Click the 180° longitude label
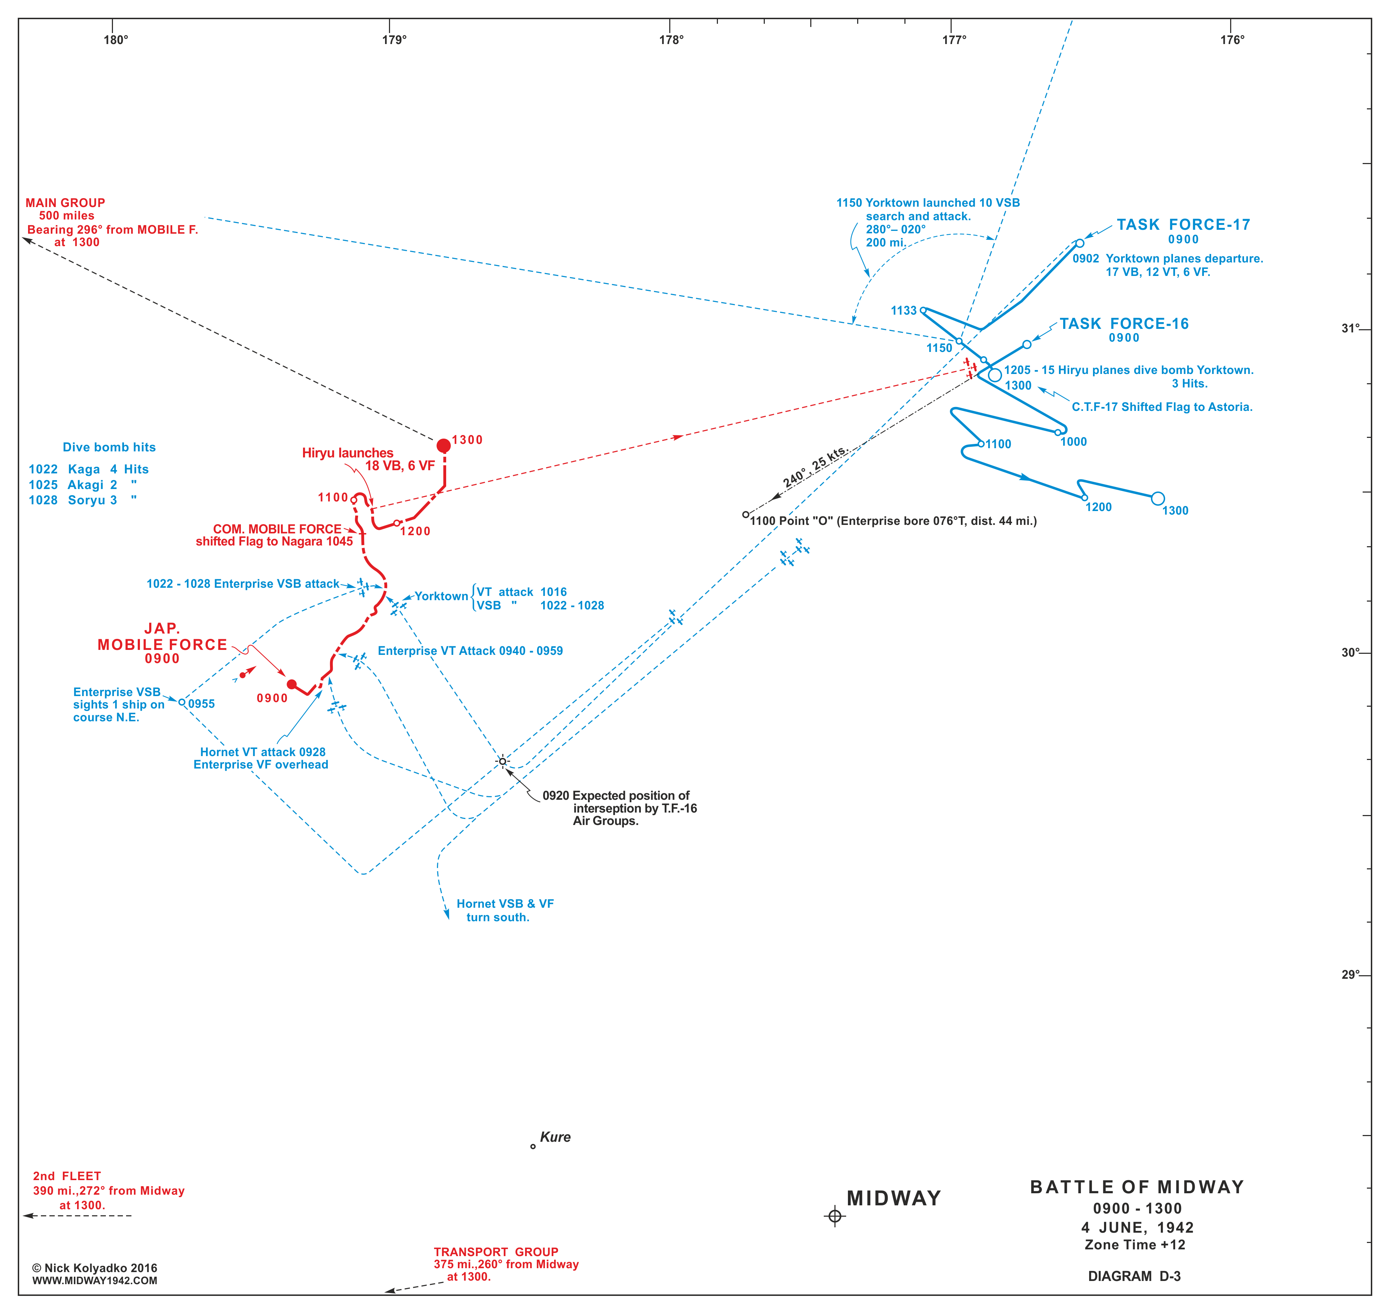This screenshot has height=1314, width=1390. tap(116, 40)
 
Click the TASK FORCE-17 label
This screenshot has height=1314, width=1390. tap(1183, 225)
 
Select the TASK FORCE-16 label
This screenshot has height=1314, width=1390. tap(1124, 324)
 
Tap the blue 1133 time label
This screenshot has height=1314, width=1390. tap(904, 310)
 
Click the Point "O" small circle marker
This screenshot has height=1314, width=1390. tap(746, 515)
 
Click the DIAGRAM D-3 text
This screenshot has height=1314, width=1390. tap(1134, 1276)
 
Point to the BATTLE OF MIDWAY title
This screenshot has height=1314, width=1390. tap(1137, 1187)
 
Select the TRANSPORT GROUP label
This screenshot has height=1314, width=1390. tap(496, 1251)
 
